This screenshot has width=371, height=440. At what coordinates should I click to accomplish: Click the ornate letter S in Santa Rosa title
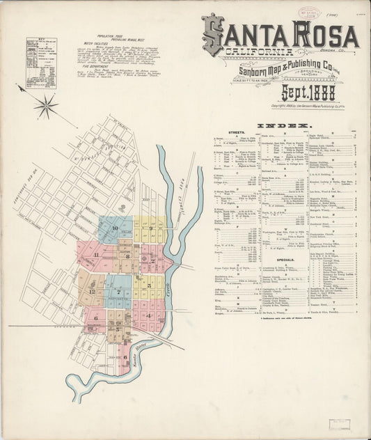214,35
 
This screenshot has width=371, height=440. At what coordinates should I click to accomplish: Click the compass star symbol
46,106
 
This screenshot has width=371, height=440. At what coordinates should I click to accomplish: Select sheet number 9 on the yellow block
150,228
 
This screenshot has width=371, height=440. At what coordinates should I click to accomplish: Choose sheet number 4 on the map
148,315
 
